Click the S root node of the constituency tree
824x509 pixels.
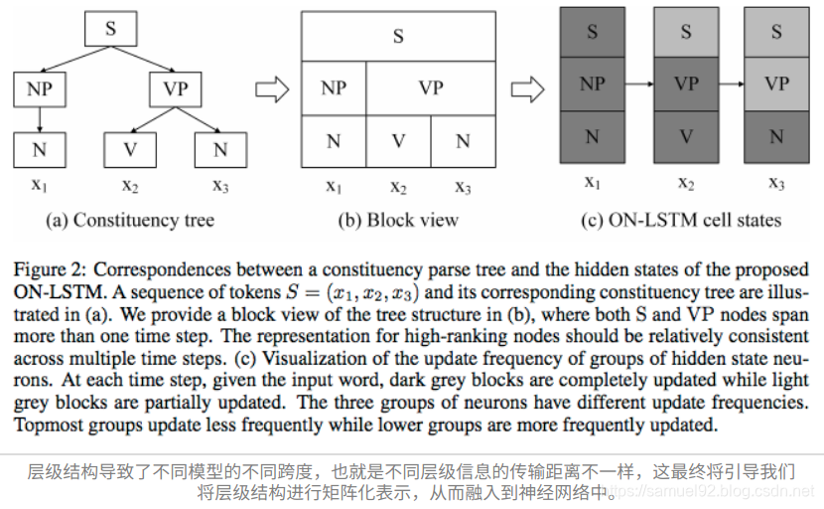tap(110, 29)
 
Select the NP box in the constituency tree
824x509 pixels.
tap(39, 89)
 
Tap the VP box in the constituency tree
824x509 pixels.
tap(176, 89)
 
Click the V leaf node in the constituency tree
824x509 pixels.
tap(130, 150)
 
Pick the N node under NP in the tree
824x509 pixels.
tap(39, 150)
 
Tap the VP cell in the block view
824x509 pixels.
tap(430, 88)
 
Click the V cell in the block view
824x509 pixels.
tap(398, 140)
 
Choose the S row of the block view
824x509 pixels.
tap(398, 37)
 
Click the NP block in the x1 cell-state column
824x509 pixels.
tap(592, 84)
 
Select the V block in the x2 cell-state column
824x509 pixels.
tap(686, 136)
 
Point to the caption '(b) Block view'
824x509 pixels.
tap(398, 219)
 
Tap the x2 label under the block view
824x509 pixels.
tap(398, 186)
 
